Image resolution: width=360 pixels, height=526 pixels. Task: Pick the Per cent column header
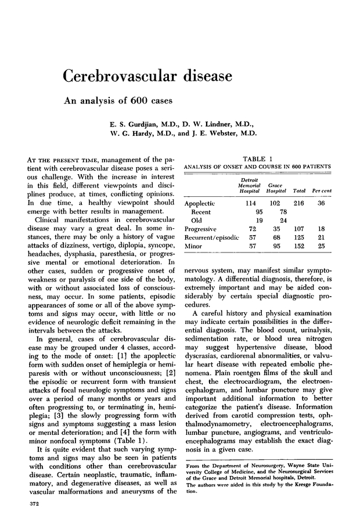tap(322, 190)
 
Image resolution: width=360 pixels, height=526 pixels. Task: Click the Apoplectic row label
tap(200, 204)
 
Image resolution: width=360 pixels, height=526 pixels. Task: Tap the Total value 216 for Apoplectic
tap(300, 204)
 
